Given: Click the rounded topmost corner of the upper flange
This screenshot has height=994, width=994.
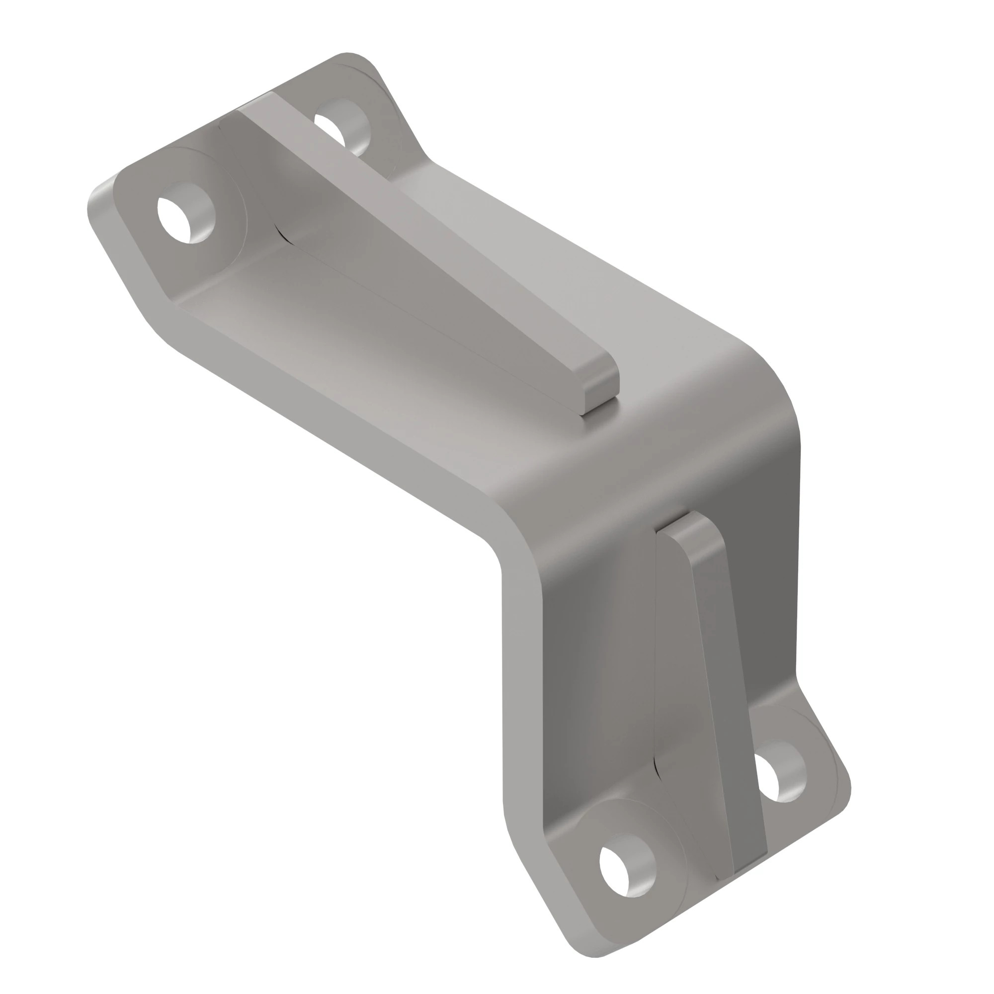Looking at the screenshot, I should pos(350,58).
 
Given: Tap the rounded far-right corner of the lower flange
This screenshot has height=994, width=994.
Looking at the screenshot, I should pos(844,792).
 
